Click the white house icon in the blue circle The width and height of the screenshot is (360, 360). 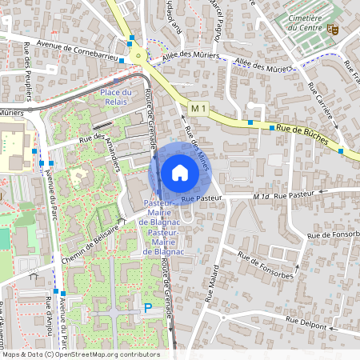point(180,172)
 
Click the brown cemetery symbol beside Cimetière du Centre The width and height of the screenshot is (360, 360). point(334,29)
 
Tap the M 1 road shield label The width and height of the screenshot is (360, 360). point(199,107)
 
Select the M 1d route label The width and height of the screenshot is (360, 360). point(261,195)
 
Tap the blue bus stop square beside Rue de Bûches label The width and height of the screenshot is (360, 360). point(272,127)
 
